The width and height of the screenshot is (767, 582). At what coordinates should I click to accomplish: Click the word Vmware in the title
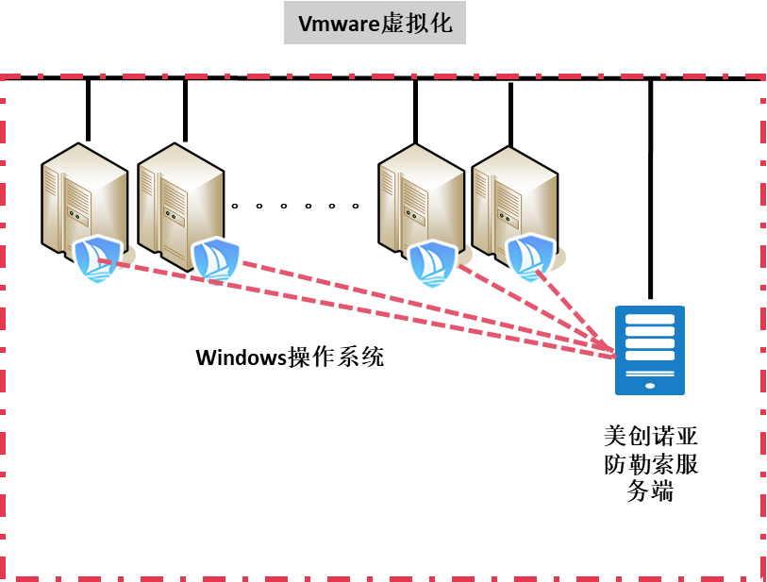coord(337,24)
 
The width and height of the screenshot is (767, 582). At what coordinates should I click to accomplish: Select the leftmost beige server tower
coord(83,193)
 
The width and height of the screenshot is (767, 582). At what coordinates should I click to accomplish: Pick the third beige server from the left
coord(420,193)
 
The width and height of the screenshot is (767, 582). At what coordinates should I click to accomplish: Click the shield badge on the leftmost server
coord(97,259)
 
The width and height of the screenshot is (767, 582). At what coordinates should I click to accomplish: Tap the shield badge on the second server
coord(216,261)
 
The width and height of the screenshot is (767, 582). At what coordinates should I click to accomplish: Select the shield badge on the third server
coord(432,263)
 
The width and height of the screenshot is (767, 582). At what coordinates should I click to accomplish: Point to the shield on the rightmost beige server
coord(529,258)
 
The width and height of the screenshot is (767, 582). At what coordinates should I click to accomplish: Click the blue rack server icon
coord(650,350)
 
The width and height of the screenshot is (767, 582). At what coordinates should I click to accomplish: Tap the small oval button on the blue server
coord(650,386)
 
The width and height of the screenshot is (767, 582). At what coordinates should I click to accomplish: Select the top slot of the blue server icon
coord(650,320)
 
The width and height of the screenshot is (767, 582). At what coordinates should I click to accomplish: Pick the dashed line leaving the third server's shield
coord(528,307)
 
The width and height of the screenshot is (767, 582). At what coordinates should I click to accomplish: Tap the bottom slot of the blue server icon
coord(650,356)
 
